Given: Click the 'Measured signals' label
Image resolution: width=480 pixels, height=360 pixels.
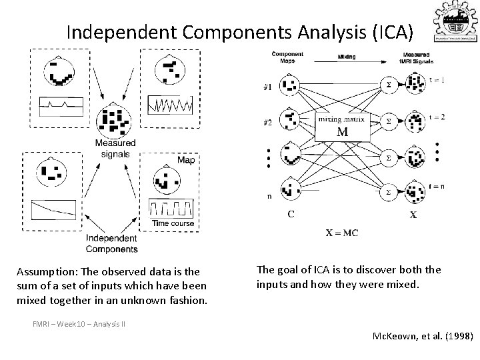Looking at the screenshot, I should (x=115, y=147).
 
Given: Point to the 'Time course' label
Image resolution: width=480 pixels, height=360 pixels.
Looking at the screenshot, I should (x=173, y=223).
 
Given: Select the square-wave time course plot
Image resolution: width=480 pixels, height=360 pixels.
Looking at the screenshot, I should (x=173, y=208).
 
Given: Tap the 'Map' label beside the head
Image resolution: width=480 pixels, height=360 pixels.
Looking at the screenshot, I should (x=186, y=160).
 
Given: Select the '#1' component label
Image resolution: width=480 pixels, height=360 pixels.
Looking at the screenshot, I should (x=267, y=86).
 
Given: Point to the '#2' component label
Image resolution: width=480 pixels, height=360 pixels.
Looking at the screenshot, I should (x=267, y=122).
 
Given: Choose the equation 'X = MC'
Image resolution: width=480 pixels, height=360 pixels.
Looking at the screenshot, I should (x=342, y=233).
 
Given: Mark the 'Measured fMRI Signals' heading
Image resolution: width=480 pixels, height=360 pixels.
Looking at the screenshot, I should (x=418, y=57).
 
